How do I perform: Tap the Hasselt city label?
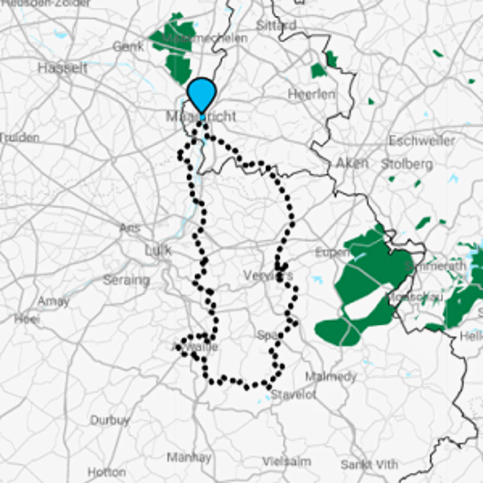pos(62,68)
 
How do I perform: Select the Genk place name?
pos(128,46)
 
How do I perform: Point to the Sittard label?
pos(276,25)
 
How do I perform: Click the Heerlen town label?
pos(312,94)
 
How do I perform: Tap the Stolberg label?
pos(407,164)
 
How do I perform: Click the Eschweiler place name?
pos(422,141)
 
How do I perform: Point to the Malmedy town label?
pos(330,377)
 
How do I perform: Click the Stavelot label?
pos(293,395)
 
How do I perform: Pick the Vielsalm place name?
pos(287,461)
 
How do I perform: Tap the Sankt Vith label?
pos(369,464)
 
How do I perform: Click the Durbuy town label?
pos(110,420)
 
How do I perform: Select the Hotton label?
pos(107,472)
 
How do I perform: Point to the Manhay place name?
pos(189,456)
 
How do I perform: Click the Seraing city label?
pos(126,280)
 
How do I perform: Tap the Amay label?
pos(53,301)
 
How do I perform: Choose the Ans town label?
pos(130,228)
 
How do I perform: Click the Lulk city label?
pos(158,250)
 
